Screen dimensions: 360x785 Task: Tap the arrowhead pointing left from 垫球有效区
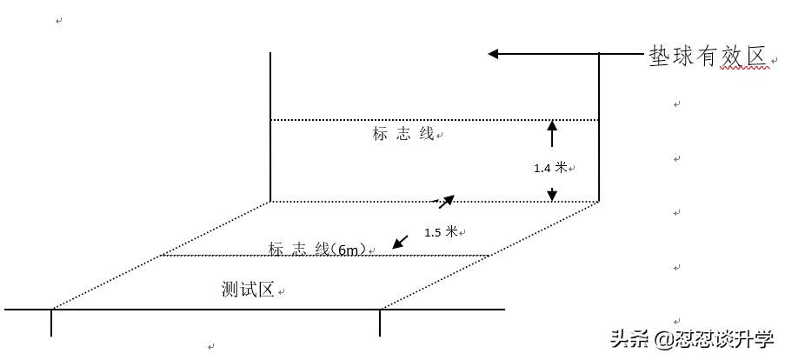tap(493, 54)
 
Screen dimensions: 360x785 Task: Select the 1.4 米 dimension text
tap(549, 168)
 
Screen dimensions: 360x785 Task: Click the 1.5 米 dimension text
tap(441, 232)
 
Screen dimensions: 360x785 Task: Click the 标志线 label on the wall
tap(403, 134)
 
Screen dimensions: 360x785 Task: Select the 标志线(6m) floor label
tap(317, 249)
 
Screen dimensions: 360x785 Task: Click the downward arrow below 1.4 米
tap(551, 194)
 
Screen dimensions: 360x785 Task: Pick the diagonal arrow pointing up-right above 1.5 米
tap(446, 201)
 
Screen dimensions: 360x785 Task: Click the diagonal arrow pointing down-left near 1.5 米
tap(399, 242)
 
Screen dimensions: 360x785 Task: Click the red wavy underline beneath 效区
tap(746, 68)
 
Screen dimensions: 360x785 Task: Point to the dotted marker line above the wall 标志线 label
tap(435, 120)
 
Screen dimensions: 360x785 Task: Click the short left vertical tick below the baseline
tap(51, 323)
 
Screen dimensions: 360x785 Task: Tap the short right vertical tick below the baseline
tap(380, 323)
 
